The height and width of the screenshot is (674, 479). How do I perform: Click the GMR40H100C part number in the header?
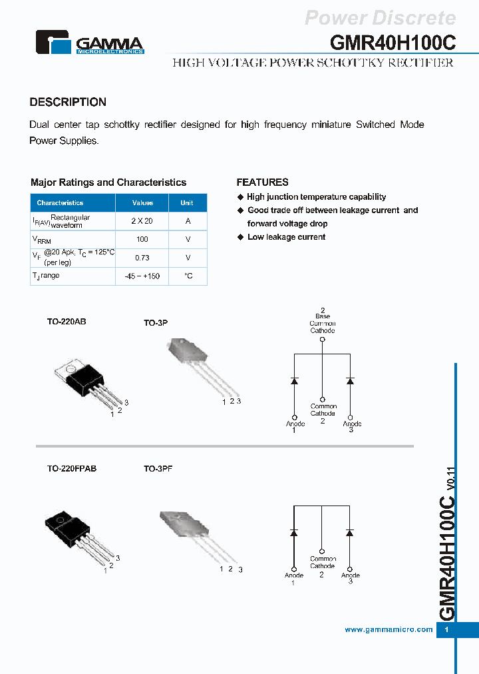(393, 42)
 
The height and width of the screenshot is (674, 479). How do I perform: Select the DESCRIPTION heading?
(68, 102)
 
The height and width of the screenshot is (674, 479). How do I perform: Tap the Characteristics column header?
(61, 202)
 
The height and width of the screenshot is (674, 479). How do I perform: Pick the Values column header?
(142, 202)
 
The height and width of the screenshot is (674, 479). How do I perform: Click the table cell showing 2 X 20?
(142, 221)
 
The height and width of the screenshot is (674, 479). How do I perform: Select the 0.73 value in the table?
(142, 258)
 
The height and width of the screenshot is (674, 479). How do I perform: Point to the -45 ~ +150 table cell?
(142, 276)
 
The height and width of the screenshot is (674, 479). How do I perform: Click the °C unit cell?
(188, 276)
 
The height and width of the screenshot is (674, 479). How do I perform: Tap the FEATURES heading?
(262, 182)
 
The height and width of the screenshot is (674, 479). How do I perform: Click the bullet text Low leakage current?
(286, 237)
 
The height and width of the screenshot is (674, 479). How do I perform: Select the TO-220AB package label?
(67, 321)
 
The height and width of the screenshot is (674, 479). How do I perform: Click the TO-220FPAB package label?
(72, 468)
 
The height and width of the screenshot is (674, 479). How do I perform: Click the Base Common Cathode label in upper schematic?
(323, 323)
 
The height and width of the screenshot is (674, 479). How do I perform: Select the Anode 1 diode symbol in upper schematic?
(294, 380)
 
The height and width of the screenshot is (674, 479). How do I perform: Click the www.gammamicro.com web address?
(389, 629)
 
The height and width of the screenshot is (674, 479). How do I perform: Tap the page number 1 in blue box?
(446, 630)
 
